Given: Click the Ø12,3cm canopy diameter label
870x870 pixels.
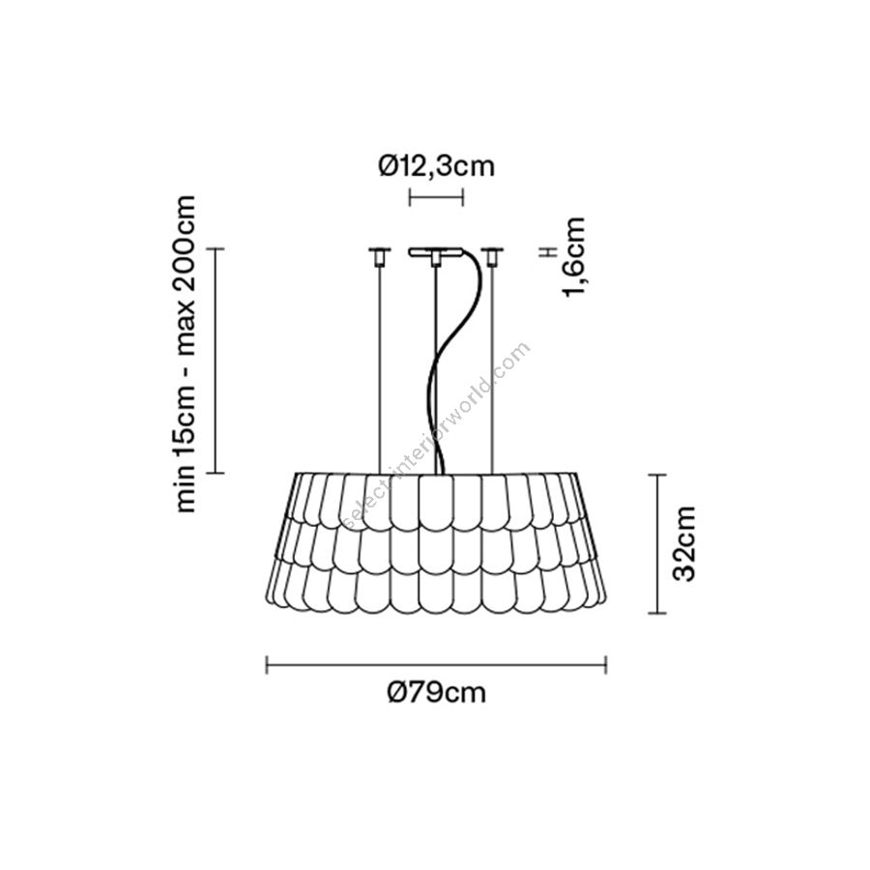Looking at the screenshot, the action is [436, 166].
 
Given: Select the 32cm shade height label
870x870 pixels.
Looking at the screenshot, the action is [683, 543].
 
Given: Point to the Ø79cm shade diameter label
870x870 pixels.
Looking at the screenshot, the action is [436, 692].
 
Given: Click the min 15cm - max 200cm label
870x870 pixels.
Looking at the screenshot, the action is [184, 354].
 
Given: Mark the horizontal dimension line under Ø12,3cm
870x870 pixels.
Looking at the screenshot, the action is [436, 197].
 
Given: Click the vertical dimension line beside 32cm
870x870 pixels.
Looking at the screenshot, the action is [657, 543].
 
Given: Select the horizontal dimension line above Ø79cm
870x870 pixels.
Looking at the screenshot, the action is [436, 664].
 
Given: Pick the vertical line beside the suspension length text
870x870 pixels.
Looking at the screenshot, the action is [216, 361].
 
